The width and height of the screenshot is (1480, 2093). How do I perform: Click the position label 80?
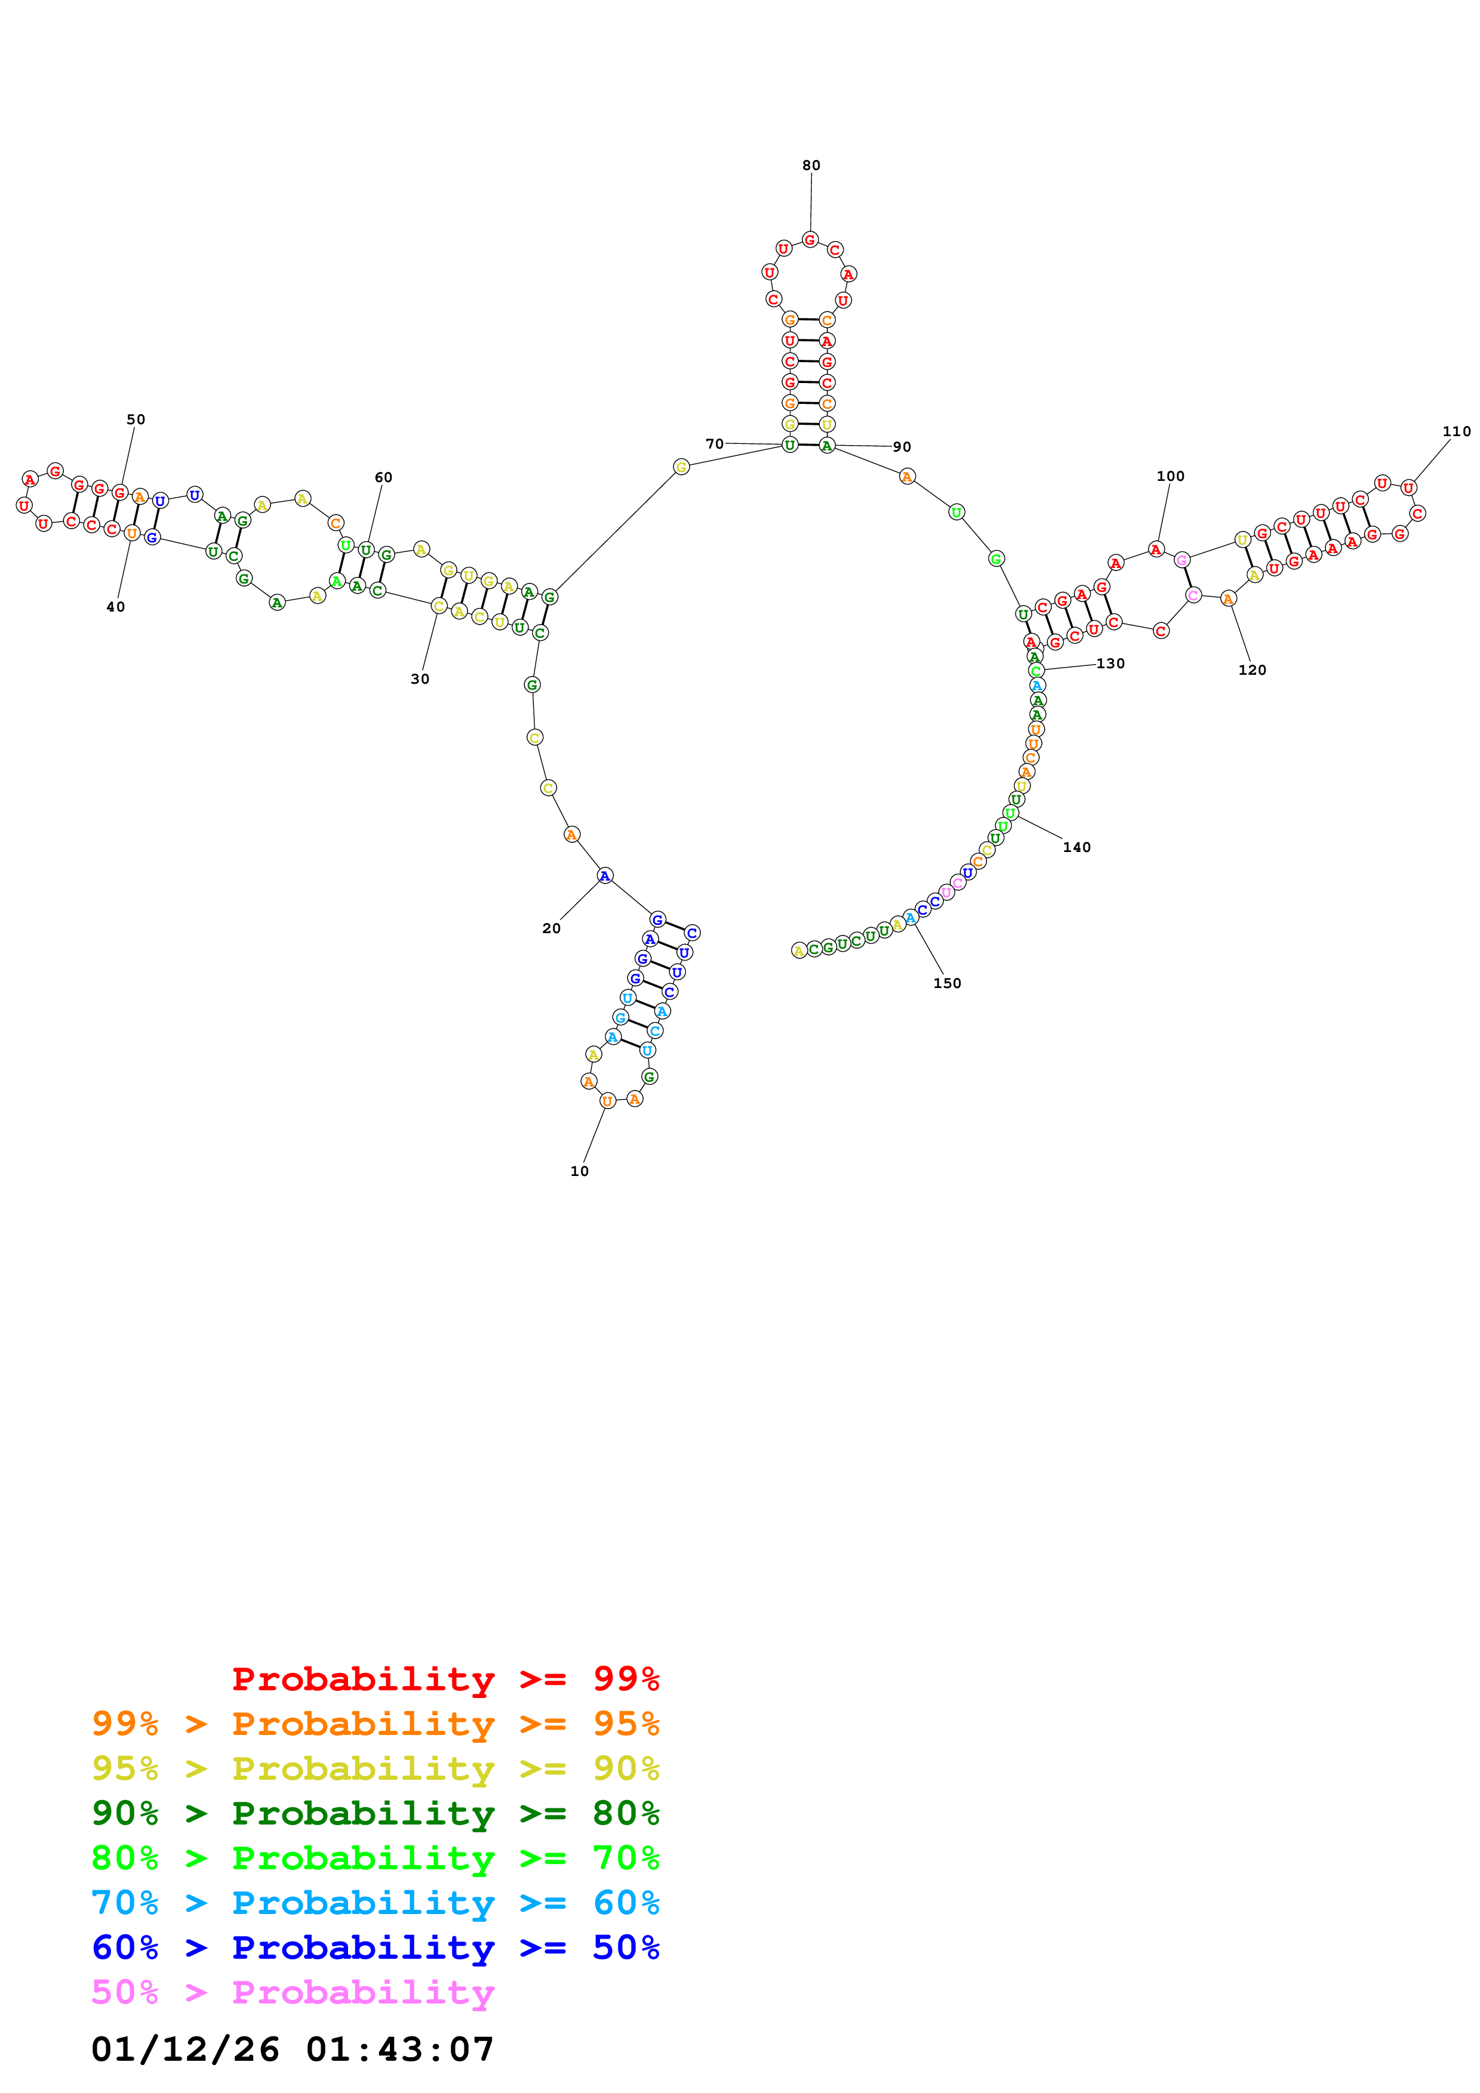811,165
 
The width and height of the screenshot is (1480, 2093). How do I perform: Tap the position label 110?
1456,431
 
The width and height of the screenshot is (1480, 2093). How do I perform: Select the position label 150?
946,983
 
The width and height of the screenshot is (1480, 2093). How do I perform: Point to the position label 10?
579,1171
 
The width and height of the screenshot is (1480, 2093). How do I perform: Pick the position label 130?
1110,663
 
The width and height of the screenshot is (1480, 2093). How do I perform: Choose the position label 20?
551,928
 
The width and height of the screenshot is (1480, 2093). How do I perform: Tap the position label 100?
1170,476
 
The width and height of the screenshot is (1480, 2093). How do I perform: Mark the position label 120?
1252,670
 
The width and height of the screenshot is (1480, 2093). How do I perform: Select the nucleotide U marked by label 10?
607,1100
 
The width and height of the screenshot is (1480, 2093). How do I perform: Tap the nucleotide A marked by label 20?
605,876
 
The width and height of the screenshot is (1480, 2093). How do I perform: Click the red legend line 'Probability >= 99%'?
445,1678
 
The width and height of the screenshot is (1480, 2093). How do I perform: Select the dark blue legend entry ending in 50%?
375,1947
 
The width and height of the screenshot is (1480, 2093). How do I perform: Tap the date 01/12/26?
185,2048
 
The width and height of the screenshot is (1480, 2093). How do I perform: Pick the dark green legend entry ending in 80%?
375,1813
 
